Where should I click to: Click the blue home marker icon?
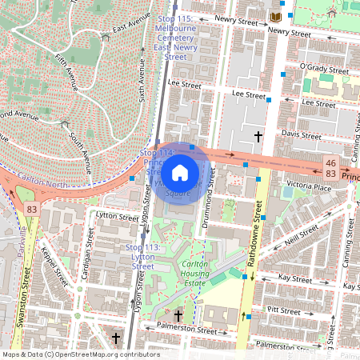coord(180,172)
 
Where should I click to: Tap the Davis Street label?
coord(302,134)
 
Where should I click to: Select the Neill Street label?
coord(301,236)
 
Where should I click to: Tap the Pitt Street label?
coord(284,309)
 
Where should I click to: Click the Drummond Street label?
coord(211,197)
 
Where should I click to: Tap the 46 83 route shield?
coord(330,168)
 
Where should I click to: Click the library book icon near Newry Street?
coord(276,17)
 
